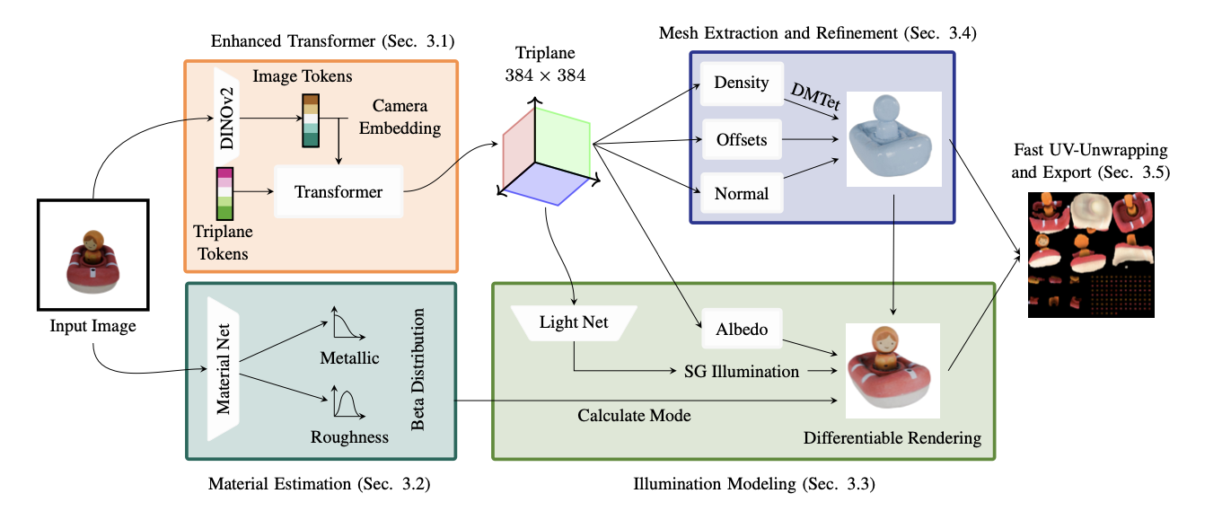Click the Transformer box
point(338,192)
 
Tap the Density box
point(742,84)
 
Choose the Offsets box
point(742,139)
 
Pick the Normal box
point(742,193)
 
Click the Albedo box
point(742,330)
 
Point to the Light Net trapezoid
point(573,322)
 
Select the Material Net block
point(224,369)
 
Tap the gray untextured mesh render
point(892,140)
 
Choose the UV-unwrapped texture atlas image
point(1090,253)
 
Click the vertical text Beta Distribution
point(418,369)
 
